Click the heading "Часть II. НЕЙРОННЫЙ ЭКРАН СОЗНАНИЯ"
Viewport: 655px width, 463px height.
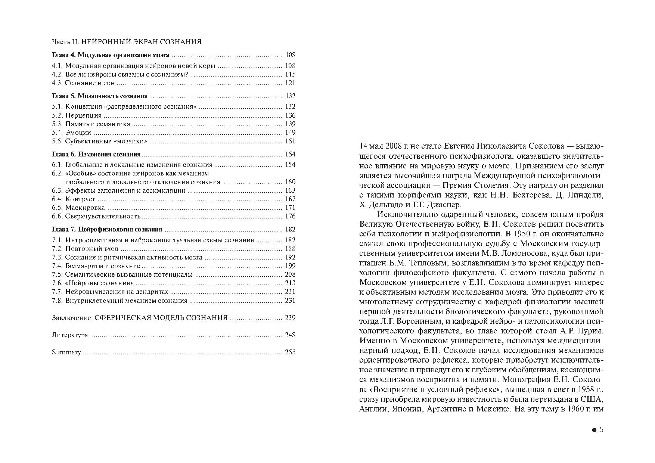click(x=127, y=42)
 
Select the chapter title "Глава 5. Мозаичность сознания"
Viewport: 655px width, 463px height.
click(x=100, y=96)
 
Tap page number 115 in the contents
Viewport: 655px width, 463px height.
click(x=290, y=74)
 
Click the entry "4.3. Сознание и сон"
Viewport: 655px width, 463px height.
click(x=83, y=83)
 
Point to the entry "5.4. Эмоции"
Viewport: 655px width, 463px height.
click(x=71, y=133)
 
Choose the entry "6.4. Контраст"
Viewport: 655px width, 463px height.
click(x=74, y=199)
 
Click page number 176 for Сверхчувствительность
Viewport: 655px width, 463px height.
click(x=290, y=216)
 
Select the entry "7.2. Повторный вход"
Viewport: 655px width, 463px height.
click(x=85, y=249)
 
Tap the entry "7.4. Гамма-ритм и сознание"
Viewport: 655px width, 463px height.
click(x=96, y=266)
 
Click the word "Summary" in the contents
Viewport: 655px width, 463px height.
click(x=66, y=352)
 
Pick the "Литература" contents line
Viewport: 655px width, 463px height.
click(x=70, y=335)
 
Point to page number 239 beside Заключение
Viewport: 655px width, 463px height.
click(x=290, y=318)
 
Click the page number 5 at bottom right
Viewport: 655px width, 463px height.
click(x=601, y=430)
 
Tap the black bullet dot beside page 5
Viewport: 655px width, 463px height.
click(x=594, y=430)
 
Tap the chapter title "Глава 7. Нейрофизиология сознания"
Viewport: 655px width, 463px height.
click(x=107, y=229)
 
